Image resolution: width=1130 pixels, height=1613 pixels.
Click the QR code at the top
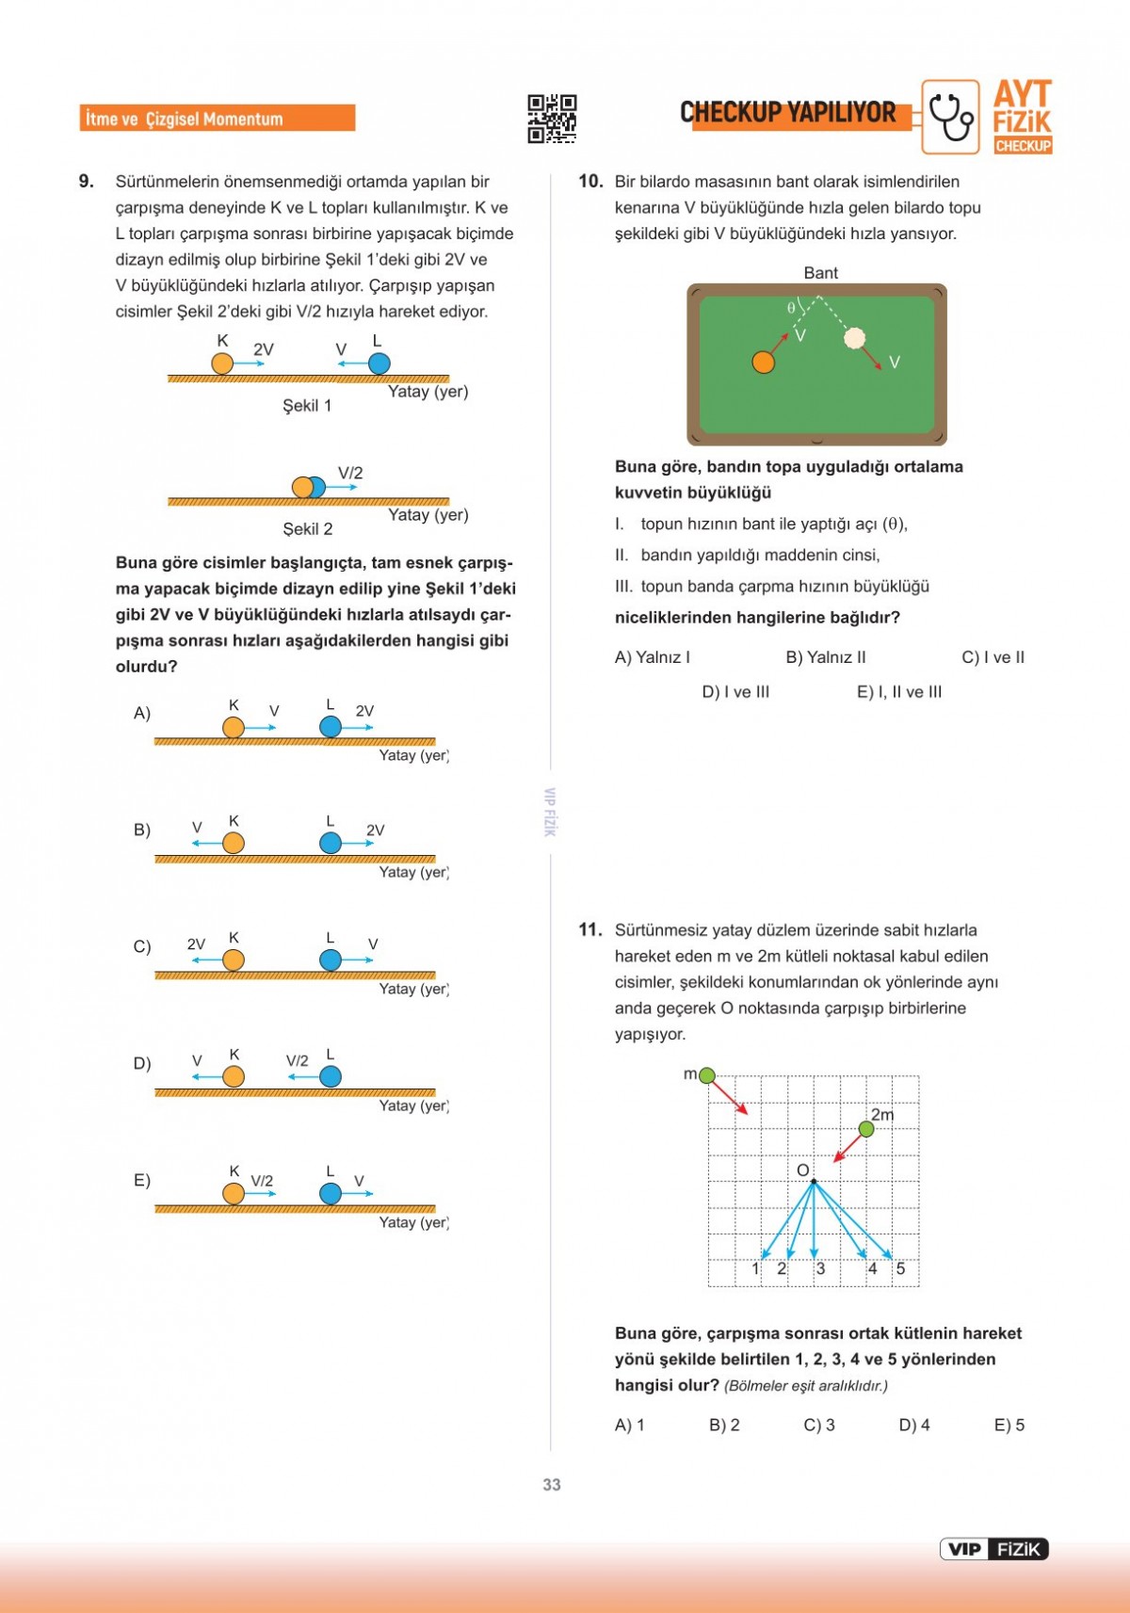[552, 119]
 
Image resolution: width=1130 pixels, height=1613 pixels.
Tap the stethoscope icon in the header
[950, 117]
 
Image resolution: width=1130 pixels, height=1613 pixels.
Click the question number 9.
[87, 181]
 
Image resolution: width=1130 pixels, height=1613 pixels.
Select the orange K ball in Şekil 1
[222, 363]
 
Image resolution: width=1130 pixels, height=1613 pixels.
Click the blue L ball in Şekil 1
[379, 363]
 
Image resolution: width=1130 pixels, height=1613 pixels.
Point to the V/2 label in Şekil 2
[350, 473]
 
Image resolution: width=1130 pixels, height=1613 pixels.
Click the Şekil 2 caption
[308, 529]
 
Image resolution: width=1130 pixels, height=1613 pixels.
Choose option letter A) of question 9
[142, 713]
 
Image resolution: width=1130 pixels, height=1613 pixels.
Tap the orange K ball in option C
[234, 960]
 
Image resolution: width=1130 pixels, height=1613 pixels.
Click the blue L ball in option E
[331, 1193]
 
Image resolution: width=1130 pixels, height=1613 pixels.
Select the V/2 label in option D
[297, 1060]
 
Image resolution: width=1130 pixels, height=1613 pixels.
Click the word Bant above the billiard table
[820, 273]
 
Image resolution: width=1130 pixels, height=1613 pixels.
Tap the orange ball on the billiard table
[764, 363]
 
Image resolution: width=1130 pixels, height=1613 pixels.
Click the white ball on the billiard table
[854, 338]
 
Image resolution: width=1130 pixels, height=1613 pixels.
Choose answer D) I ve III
[735, 692]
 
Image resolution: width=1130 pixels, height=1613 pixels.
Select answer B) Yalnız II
[826, 657]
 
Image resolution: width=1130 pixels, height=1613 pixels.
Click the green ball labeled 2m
[866, 1129]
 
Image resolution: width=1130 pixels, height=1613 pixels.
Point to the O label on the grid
[802, 1169]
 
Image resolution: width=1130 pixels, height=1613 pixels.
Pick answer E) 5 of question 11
[1009, 1425]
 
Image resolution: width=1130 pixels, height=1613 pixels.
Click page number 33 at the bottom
[552, 1484]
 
